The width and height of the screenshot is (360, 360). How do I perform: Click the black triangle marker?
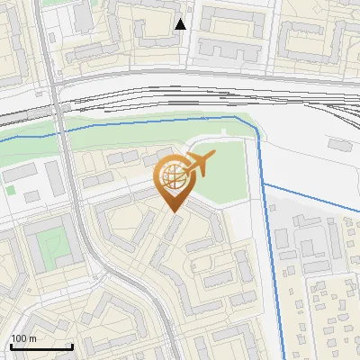coord(181,24)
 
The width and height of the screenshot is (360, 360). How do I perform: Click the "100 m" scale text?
coord(23,337)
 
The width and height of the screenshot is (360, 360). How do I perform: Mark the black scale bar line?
coord(41,346)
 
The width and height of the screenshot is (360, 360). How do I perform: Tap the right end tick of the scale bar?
coord(72,346)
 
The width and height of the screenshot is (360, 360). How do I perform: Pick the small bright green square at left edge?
coord(11,190)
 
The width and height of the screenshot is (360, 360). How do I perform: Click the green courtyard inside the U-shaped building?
coord(54,241)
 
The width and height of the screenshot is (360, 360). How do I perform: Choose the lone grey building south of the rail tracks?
coord(339,143)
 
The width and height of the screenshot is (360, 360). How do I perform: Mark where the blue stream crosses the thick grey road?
coord(62,131)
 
